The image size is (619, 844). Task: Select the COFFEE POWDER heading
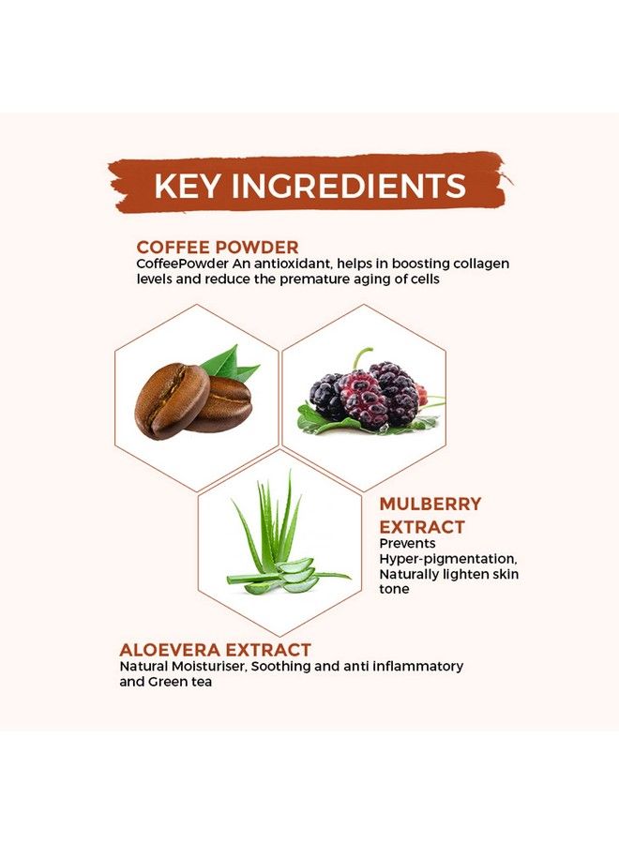tap(217, 247)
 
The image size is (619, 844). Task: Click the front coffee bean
tap(172, 401)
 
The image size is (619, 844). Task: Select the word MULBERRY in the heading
tap(430, 504)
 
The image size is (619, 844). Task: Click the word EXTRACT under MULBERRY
tap(422, 526)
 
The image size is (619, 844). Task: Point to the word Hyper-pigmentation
tap(447, 559)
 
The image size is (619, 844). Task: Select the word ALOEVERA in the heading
tap(174, 649)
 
